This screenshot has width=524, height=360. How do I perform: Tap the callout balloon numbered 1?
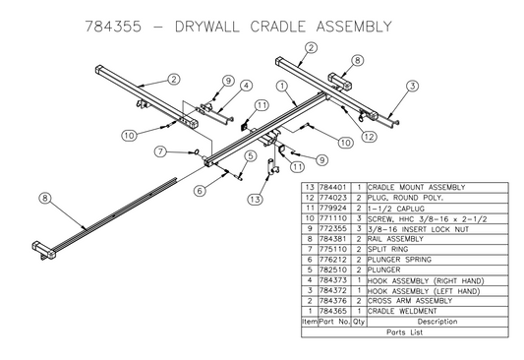[284, 86]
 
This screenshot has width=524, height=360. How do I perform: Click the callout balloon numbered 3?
[413, 86]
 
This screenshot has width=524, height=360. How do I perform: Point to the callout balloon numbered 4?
[245, 87]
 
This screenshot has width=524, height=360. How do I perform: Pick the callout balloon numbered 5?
[252, 156]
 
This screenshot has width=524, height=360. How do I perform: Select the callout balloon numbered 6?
[200, 190]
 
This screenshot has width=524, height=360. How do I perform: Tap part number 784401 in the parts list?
[329, 187]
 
